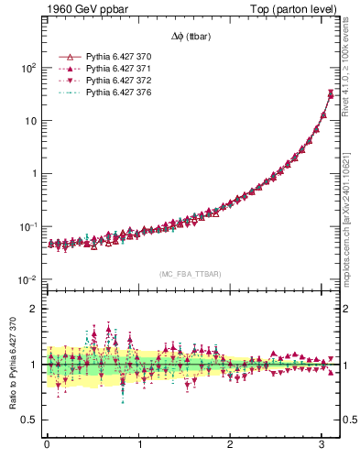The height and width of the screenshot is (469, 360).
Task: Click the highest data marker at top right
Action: (x=331, y=93)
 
